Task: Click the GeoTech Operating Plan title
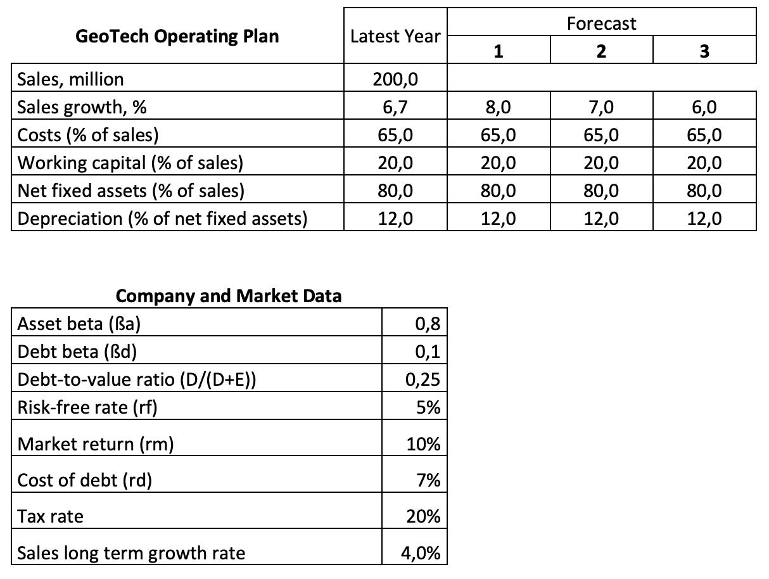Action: tap(177, 36)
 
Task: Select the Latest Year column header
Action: tap(395, 37)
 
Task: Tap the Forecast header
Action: tap(601, 23)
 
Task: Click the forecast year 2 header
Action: tap(601, 51)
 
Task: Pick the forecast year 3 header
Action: tap(704, 51)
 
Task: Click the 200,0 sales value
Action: tap(395, 79)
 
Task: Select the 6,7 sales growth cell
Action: tap(395, 107)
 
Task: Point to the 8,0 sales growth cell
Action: tap(498, 107)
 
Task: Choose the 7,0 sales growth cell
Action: tap(601, 107)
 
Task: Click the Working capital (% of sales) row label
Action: tap(130, 163)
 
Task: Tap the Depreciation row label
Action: tap(162, 219)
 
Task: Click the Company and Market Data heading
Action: tap(229, 296)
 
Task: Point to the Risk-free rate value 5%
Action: tap(428, 407)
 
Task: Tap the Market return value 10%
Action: tap(423, 444)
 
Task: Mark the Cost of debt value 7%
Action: tap(428, 480)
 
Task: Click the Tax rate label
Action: tap(50, 517)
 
